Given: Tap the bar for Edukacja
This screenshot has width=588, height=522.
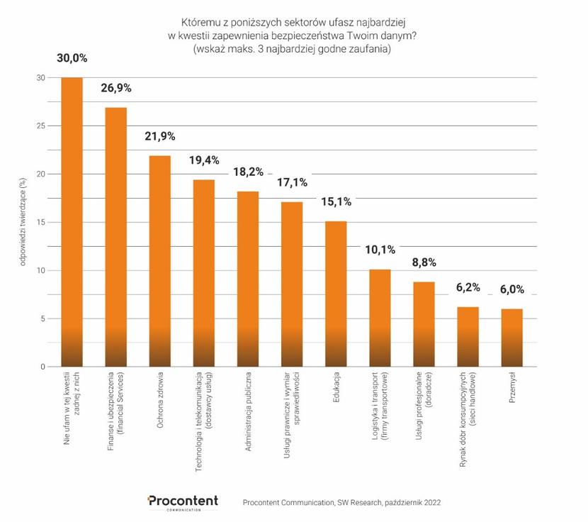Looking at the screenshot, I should [x=336, y=294].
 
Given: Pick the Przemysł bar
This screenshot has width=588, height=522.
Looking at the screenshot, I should [x=512, y=338].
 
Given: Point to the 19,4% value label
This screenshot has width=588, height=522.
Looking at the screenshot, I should [x=204, y=161].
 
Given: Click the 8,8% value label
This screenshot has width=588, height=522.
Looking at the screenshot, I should [x=424, y=262].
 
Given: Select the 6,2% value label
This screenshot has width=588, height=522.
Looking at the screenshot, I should [x=468, y=287].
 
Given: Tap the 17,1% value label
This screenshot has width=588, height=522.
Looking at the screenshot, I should [x=292, y=183].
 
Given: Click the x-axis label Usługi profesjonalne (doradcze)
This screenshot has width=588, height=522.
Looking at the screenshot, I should [x=424, y=404].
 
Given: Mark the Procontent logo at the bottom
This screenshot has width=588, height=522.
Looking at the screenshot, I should [x=183, y=501].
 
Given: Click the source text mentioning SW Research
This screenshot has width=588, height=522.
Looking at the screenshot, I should [x=341, y=502].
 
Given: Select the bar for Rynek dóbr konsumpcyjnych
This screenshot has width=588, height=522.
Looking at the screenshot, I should [x=468, y=336].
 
